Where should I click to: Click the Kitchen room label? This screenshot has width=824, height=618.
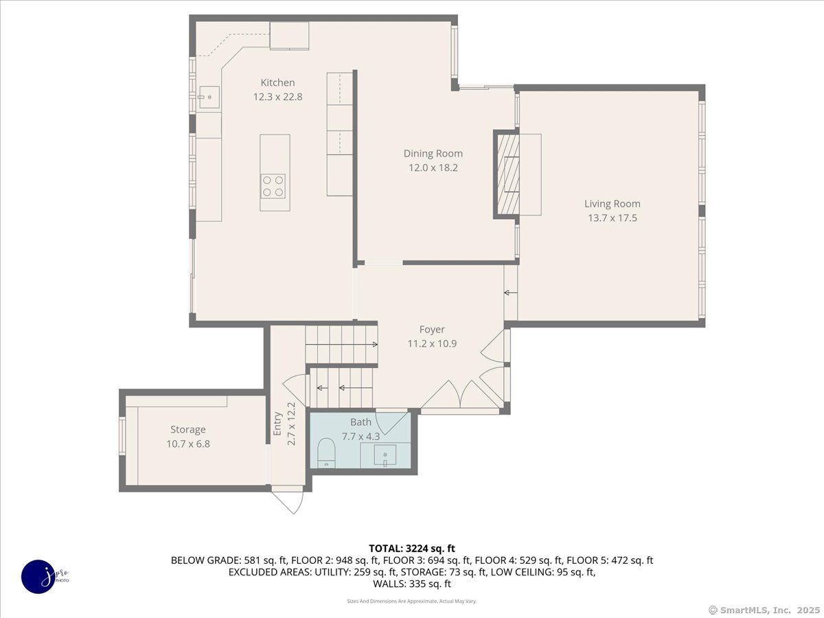tap(277, 82)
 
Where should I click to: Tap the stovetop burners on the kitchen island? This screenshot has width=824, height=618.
tap(273, 186)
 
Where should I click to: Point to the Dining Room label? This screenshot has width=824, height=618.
tap(433, 153)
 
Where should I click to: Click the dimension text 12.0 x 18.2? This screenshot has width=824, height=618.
tap(433, 168)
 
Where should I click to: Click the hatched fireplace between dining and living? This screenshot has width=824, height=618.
tap(507, 174)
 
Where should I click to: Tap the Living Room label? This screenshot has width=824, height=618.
tap(612, 203)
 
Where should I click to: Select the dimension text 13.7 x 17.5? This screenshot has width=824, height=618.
tap(612, 218)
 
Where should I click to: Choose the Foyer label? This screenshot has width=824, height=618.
tap(432, 329)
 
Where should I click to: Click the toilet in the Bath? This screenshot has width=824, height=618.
tap(327, 454)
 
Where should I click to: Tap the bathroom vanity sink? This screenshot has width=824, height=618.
tap(386, 455)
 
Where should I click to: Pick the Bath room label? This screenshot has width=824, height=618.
tap(360, 422)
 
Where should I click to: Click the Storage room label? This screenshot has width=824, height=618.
tap(187, 429)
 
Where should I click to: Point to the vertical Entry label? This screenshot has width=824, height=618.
tap(277, 424)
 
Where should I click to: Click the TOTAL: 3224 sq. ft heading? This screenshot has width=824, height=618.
tap(412, 548)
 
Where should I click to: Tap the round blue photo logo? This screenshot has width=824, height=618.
tap(38, 576)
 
